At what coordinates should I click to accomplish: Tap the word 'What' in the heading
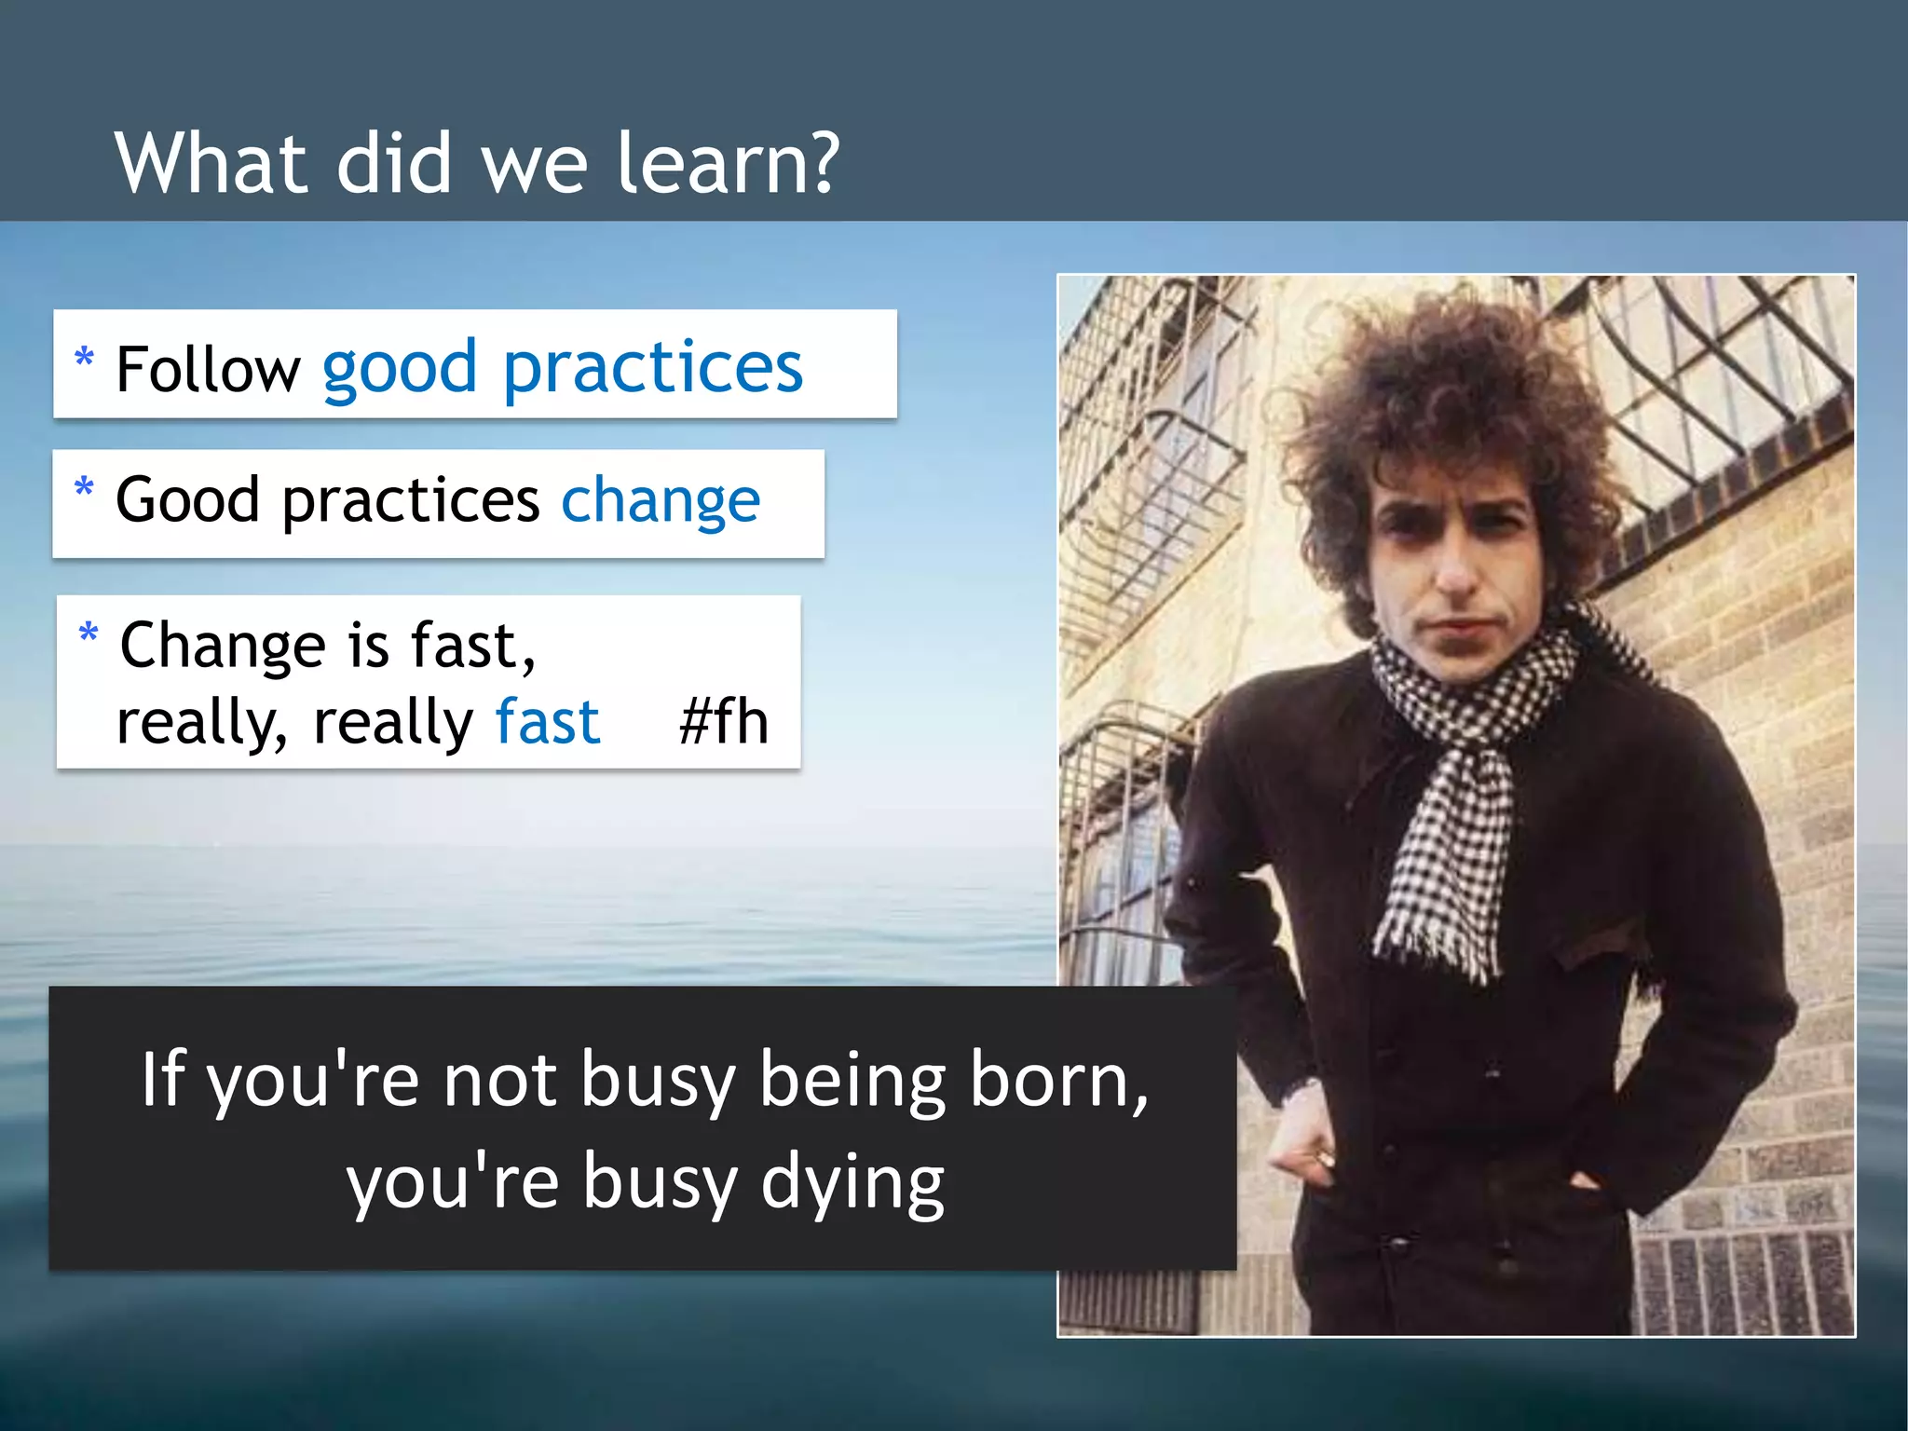(211, 163)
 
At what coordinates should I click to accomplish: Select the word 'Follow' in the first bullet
(208, 369)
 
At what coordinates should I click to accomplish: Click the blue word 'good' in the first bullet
(400, 369)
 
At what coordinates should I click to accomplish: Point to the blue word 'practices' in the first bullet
(652, 369)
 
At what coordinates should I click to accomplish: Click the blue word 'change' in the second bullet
(660, 501)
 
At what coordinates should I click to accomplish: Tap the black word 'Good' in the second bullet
(187, 500)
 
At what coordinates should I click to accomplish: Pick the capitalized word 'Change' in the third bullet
(223, 645)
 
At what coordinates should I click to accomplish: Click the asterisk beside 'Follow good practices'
(84, 358)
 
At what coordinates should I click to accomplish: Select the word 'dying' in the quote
(852, 1181)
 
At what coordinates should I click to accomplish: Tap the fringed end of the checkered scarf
(1435, 941)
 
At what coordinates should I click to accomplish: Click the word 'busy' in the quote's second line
(660, 1181)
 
